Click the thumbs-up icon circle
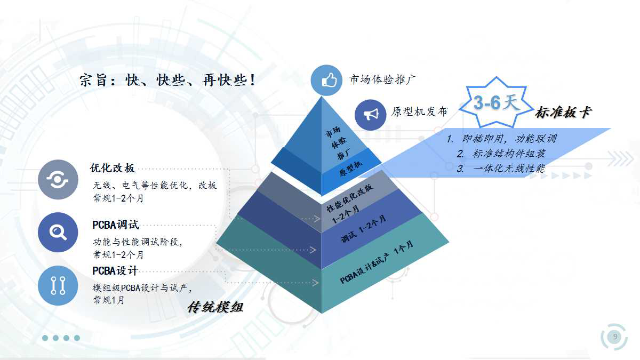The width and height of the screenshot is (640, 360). click(326, 81)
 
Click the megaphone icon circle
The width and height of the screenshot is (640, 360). click(371, 115)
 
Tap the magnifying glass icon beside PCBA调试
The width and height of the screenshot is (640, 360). click(58, 233)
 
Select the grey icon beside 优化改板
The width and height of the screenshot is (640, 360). click(58, 180)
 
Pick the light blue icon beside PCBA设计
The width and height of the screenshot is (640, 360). click(58, 286)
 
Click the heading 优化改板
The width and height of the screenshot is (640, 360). click(113, 168)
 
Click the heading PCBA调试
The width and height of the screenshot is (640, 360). click(115, 225)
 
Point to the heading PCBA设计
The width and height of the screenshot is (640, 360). click(115, 270)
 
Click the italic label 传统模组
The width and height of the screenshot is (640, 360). click(215, 307)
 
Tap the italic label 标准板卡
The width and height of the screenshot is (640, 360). click(563, 112)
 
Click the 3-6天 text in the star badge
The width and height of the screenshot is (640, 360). click(496, 102)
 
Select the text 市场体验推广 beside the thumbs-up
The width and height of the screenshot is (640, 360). click(382, 79)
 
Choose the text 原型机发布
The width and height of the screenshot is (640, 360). click(419, 111)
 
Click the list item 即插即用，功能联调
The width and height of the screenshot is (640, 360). click(502, 139)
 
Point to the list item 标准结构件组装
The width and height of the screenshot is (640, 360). click(501, 154)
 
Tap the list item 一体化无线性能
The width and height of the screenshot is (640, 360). click(501, 169)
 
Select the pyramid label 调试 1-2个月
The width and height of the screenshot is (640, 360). click(364, 229)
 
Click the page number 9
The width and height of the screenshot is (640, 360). click(615, 337)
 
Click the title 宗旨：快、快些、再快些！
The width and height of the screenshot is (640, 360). click(167, 80)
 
